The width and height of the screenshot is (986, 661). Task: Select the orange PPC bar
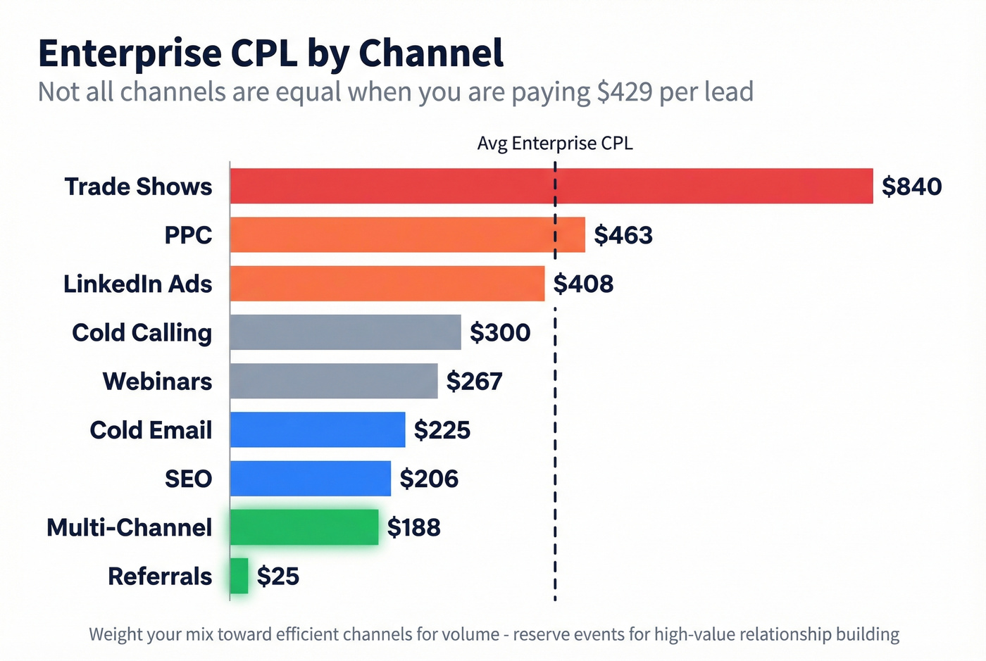pos(407,235)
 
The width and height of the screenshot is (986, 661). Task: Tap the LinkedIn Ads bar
pos(387,284)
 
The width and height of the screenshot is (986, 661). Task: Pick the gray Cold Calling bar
pos(345,332)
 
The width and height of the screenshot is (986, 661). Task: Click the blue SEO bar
pos(310,479)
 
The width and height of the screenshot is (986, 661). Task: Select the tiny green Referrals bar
pos(239,576)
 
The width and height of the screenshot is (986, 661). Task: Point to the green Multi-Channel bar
pos(304,527)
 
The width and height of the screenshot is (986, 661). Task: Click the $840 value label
pos(911,187)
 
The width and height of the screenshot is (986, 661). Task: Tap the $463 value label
pos(623,235)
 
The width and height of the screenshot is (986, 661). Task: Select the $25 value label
pos(278,577)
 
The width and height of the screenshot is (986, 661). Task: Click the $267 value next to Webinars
pos(474,382)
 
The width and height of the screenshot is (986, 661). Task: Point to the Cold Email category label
pos(151,430)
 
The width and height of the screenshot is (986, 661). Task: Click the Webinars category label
pos(157,382)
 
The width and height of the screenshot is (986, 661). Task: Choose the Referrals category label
pos(160,577)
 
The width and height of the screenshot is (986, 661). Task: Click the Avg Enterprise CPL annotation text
pos(555,144)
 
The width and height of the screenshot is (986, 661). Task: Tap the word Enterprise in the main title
pos(130,53)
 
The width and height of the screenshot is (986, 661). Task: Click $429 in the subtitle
pos(624,92)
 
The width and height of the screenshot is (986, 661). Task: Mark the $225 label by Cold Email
pos(442,430)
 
